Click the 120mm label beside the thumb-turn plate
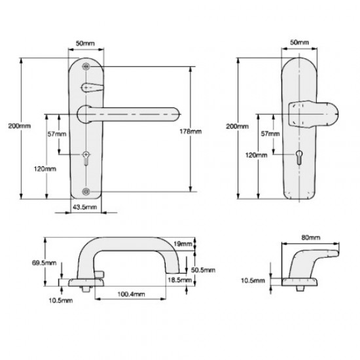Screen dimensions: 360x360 pyautogui.click(x=257, y=155)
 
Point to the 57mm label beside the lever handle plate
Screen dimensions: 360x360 pyautogui.click(x=58, y=134)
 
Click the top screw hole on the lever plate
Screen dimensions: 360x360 pyautogui.click(x=86, y=67)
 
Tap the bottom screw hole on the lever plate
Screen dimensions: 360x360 pyautogui.click(x=86, y=190)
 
